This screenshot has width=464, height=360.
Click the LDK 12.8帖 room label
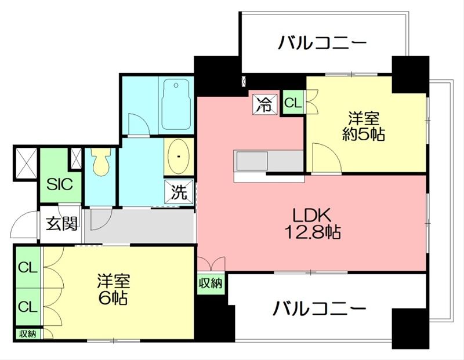point(312,223)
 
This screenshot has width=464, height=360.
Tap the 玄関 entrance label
point(62,223)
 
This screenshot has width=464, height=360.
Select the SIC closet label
point(60,184)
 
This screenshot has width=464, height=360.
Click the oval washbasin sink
point(179,157)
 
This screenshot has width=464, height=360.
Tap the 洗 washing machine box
point(179,192)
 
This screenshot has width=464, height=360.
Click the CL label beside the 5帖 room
point(293,103)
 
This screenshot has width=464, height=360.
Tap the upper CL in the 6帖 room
point(28,268)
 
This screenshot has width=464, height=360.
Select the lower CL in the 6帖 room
point(28,307)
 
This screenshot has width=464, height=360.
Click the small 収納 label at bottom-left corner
point(27,334)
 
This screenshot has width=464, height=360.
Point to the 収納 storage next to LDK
point(211,283)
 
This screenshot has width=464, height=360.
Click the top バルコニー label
point(322,42)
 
